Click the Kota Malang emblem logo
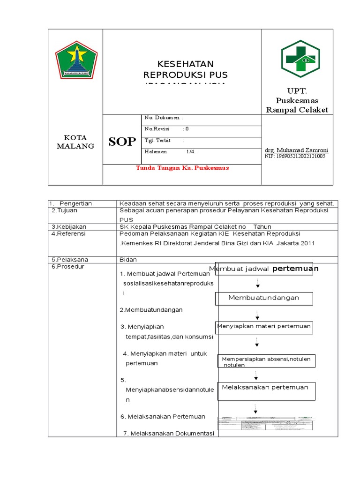coord(76,60)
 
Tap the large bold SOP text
coord(122,142)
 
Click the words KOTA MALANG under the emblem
coord(75,142)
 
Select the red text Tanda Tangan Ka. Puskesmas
coord(182,168)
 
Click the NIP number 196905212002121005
coord(295,156)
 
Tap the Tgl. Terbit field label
coord(157,140)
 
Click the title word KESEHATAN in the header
coord(179,64)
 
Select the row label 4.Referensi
coord(69,233)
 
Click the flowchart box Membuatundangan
coord(263,298)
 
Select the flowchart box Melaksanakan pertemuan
coord(265,391)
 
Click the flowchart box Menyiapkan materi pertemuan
coord(263,327)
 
